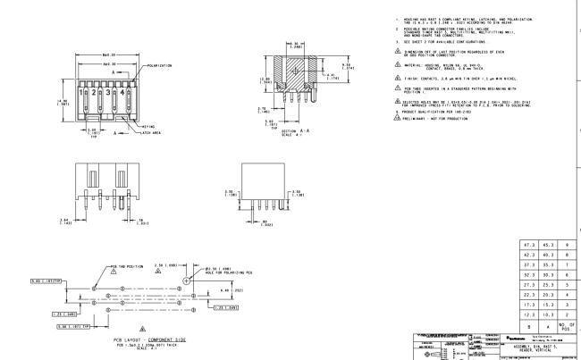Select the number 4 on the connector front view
[118, 93]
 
